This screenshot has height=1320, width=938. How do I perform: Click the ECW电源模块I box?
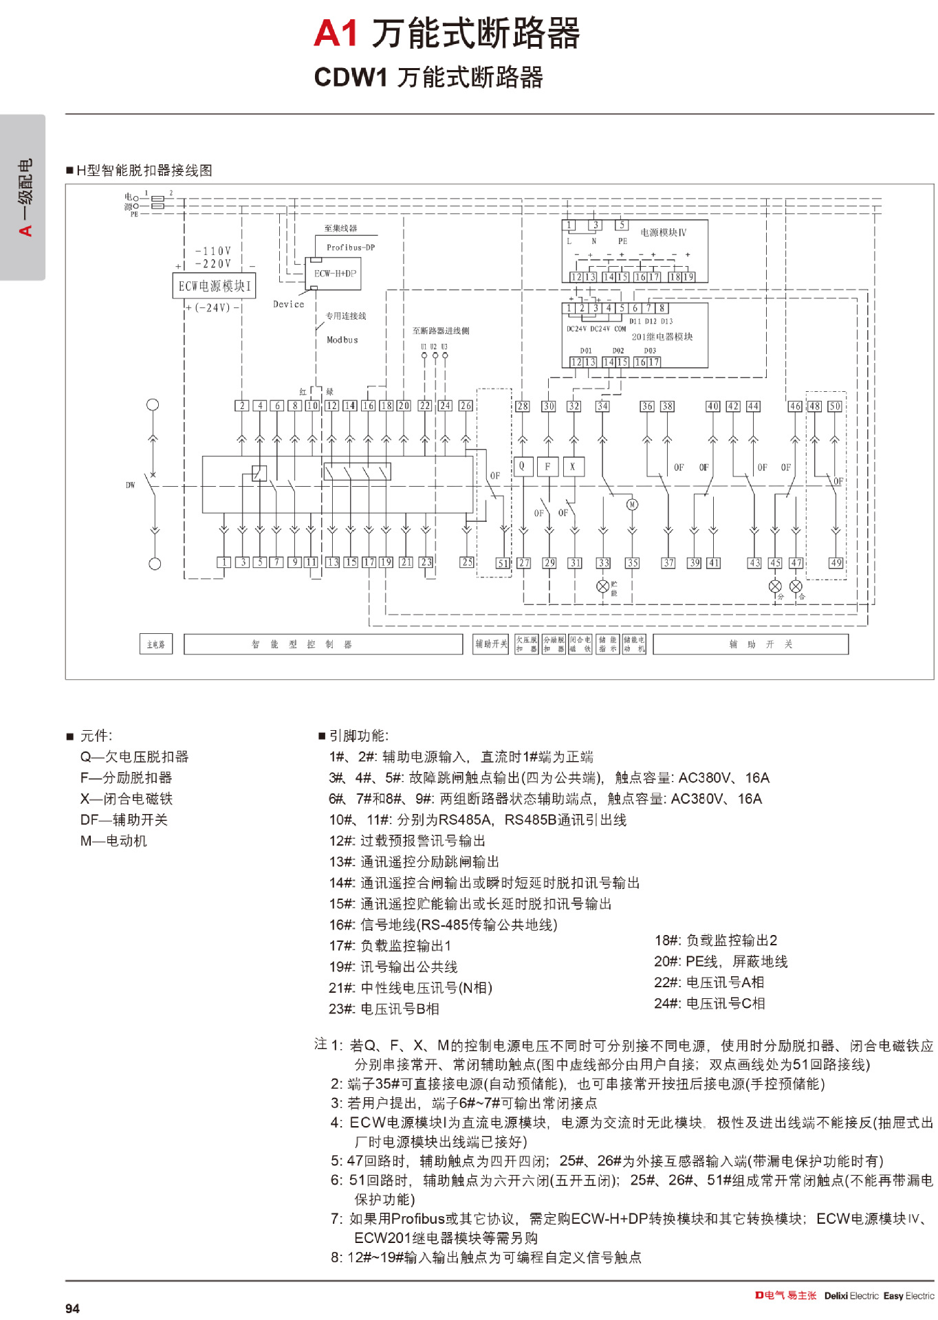(214, 286)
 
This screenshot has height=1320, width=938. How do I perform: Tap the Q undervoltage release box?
(522, 466)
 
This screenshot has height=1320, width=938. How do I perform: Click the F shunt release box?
(547, 466)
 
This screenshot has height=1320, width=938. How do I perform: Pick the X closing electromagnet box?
(572, 466)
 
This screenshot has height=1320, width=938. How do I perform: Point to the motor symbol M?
(632, 505)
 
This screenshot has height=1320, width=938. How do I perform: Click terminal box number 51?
(503, 563)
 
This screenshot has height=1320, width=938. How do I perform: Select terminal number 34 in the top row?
(602, 406)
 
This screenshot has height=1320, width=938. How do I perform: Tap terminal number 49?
(836, 562)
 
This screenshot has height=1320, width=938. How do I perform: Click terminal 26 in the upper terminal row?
(466, 406)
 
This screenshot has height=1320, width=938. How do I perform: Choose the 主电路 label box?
(155, 644)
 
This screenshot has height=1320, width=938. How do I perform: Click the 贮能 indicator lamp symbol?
(603, 586)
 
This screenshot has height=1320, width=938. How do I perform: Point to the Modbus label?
(342, 340)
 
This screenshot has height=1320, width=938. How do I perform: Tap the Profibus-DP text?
(351, 247)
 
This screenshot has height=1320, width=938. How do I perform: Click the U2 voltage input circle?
(435, 355)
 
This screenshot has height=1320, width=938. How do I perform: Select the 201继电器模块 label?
(662, 337)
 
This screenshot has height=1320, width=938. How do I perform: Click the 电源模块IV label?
(663, 232)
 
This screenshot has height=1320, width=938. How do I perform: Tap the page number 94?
(72, 1308)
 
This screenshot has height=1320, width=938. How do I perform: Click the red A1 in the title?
(336, 33)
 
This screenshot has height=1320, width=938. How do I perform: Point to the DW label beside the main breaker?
(130, 485)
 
